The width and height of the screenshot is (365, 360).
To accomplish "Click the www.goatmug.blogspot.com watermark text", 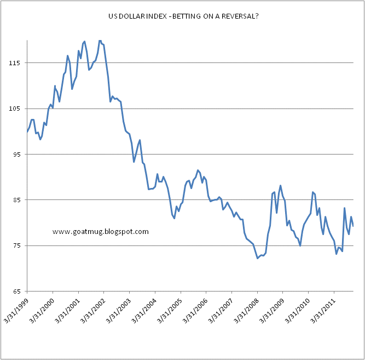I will pos(101,232).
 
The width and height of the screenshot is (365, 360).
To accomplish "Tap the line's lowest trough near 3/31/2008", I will pos(257,258).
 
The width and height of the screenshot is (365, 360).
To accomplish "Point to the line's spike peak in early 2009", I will pos(280,186).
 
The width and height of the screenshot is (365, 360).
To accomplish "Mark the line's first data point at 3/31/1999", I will pos(27,132).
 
